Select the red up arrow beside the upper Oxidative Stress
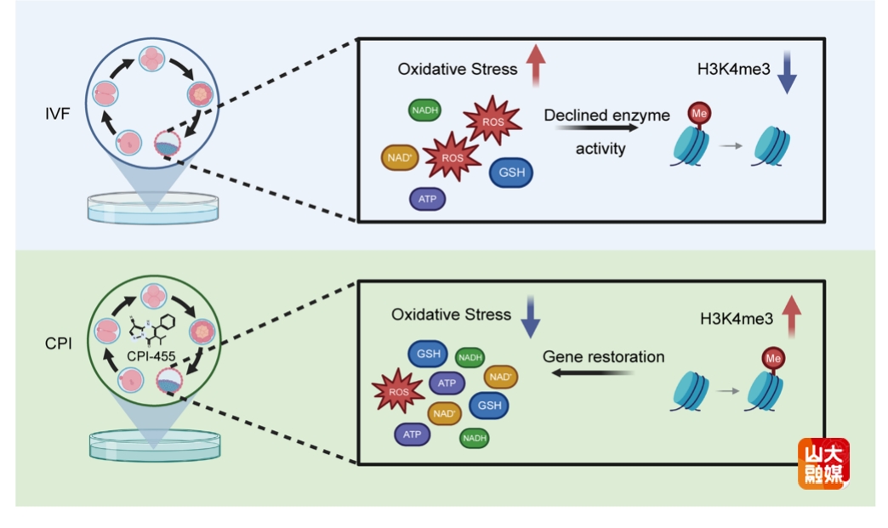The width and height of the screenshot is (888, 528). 535,65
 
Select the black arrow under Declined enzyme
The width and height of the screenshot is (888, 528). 596,129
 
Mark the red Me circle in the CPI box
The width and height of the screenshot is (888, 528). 773,359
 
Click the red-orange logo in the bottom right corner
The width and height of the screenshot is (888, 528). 823,463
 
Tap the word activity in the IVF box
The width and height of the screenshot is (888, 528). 601,149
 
